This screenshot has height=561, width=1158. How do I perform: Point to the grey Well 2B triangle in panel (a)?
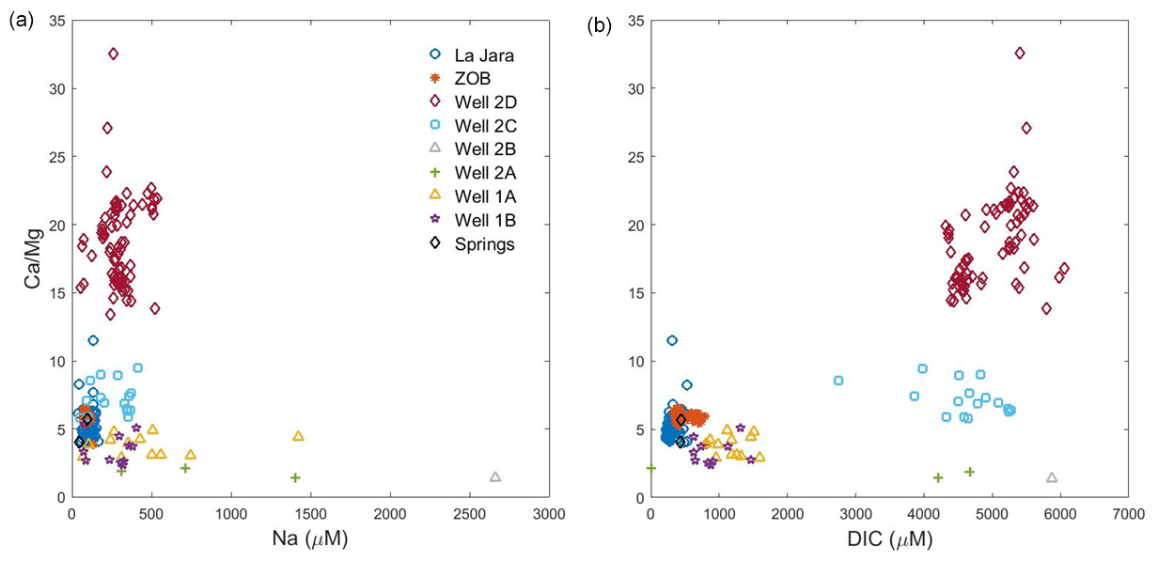[495, 477]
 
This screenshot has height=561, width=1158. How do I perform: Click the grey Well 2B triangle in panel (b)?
[1052, 478]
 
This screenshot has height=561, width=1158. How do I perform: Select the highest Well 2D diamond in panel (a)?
[114, 54]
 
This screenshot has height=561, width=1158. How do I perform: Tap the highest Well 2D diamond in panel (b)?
[1020, 53]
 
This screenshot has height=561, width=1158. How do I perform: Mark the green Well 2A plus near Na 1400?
[295, 477]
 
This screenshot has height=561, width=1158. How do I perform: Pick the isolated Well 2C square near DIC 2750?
[838, 381]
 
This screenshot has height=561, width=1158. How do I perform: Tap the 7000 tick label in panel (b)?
[1128, 514]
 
